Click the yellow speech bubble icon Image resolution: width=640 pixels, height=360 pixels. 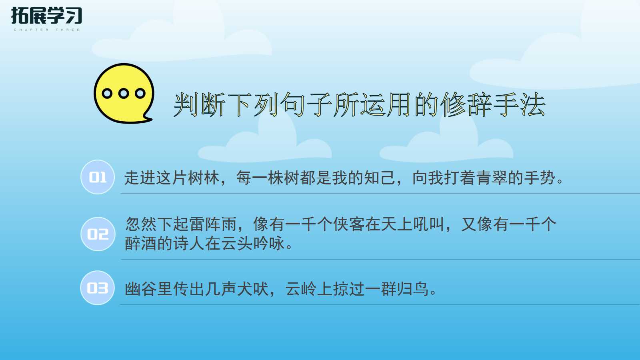click(124, 93)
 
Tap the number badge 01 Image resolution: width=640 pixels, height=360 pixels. click(98, 177)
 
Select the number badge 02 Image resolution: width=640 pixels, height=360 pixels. click(98, 234)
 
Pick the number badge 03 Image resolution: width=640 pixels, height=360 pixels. click(98, 288)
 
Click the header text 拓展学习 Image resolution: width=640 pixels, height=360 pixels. click(46, 16)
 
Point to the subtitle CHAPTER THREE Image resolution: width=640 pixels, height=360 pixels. click(47, 30)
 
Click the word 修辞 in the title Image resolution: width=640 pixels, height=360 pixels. click(466, 105)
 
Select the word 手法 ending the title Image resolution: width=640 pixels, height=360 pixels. click(520, 105)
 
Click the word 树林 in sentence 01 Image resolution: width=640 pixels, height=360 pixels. click(204, 178)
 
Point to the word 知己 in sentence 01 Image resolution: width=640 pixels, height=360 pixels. click(380, 178)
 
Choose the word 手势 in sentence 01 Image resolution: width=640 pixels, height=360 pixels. click(540, 178)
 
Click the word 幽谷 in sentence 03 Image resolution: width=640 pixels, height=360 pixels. click(141, 289)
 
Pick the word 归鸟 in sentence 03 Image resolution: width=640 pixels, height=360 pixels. click(413, 289)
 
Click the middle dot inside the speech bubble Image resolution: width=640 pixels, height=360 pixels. click(124, 94)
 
